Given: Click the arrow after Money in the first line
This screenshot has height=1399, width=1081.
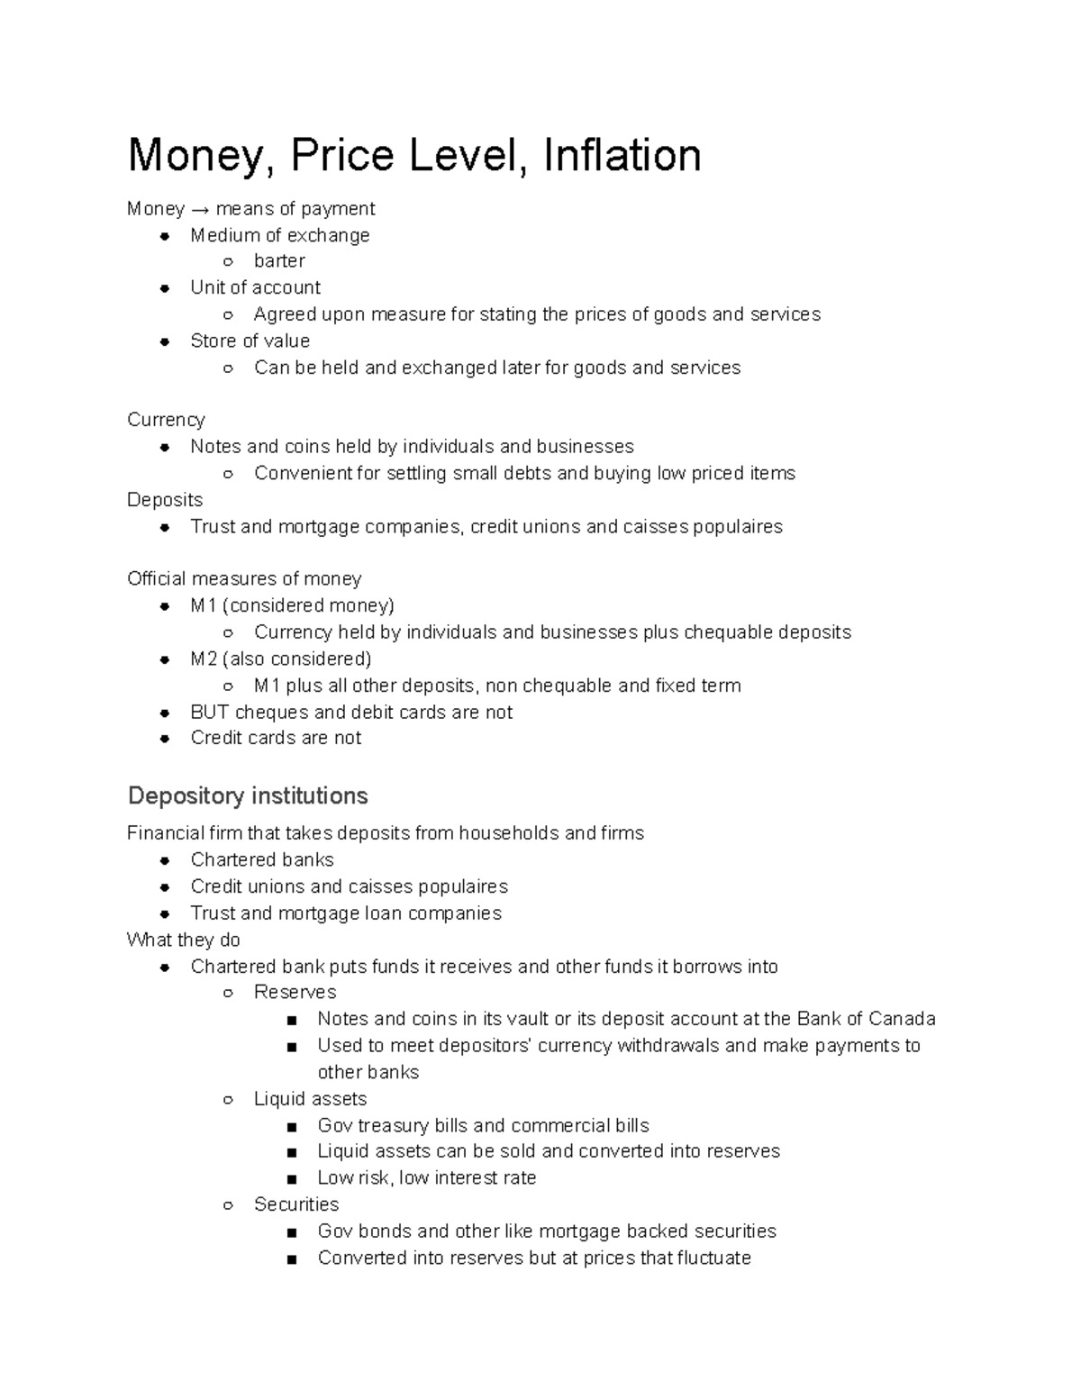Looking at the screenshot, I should (x=200, y=209).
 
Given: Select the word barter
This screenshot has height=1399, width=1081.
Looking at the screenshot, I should (x=279, y=261).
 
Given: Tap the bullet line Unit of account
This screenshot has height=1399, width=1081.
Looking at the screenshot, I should (x=255, y=287).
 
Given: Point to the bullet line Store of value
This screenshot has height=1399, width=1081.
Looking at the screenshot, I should (x=250, y=341).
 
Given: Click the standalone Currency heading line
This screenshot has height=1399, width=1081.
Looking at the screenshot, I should (x=166, y=420).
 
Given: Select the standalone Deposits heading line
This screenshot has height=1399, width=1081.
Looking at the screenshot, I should (x=165, y=500).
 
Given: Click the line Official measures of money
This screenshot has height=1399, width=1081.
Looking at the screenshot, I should (x=244, y=578).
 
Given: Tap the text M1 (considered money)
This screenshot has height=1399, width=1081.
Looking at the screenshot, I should (x=292, y=605).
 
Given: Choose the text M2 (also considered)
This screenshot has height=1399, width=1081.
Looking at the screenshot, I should (x=280, y=659).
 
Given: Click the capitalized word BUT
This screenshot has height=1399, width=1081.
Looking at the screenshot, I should (x=210, y=712).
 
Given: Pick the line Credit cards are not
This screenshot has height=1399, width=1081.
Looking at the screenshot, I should (x=276, y=738).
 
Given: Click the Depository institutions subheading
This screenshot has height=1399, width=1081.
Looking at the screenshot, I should (x=248, y=795).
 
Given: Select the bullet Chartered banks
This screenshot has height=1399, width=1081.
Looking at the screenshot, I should (x=262, y=859).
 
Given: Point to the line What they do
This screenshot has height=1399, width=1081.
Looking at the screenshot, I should (x=184, y=940).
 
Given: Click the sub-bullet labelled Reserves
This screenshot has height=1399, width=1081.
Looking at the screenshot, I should (x=295, y=992).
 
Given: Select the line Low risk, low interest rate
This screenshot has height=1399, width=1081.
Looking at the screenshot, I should (x=426, y=1177).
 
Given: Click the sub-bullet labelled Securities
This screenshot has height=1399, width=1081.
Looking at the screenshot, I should (x=296, y=1204).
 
